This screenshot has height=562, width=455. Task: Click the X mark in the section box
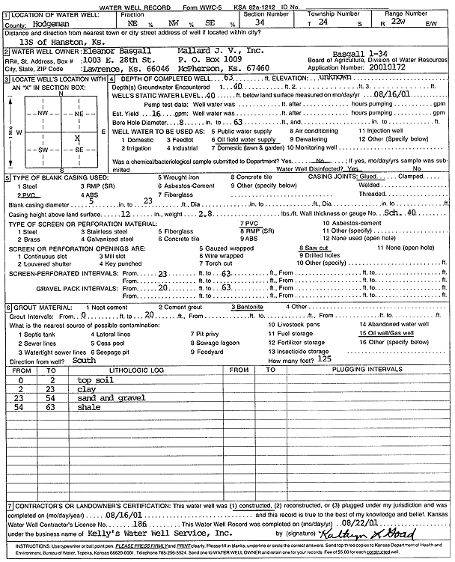(x=78, y=138)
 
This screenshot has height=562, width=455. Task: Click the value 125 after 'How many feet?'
(x=324, y=359)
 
